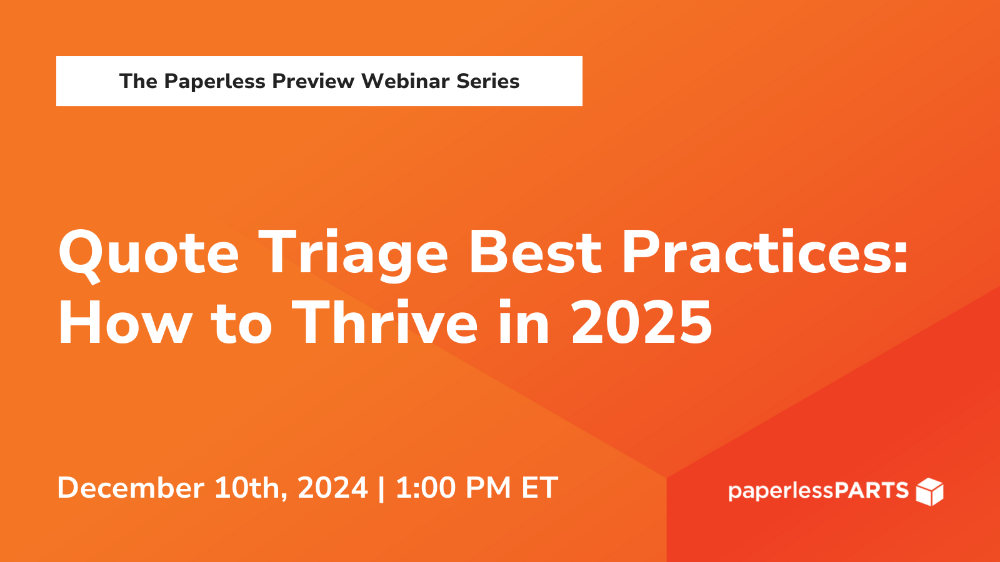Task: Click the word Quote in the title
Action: point(149,253)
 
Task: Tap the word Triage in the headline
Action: point(353,253)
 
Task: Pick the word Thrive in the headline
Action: point(385,323)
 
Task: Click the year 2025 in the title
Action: point(641,323)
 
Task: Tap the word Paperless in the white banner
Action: point(215,81)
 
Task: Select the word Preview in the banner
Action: point(313,81)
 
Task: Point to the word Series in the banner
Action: point(488,81)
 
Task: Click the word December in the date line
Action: point(131,488)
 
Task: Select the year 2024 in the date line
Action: point(332,488)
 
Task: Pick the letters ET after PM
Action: point(539,488)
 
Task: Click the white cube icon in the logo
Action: point(929,491)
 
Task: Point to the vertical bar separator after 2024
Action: point(382,488)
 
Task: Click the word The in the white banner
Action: point(138,81)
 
